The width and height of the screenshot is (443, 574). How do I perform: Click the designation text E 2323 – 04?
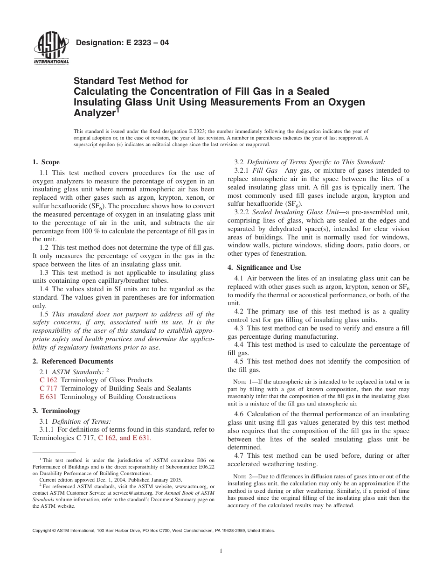point(122,43)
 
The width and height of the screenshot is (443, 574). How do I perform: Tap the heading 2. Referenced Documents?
point(73,361)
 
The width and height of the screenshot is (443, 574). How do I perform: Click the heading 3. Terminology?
point(56,411)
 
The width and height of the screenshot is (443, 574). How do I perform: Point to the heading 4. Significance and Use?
point(264,267)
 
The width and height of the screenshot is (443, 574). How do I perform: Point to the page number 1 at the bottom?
point(221,551)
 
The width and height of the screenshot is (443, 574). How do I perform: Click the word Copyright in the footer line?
point(42,531)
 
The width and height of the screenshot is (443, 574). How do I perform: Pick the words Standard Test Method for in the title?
point(131,81)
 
